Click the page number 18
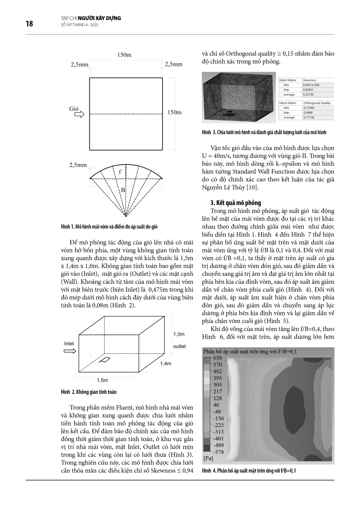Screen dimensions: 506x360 click(30, 24)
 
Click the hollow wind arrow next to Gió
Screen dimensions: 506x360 click(79, 114)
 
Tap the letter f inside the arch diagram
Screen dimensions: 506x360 click(120, 172)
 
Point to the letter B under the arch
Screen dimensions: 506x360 click(123, 190)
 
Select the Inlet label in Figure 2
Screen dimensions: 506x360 click(69, 344)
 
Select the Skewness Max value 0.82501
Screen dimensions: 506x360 click(311, 90)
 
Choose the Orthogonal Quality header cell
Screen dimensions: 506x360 click(316, 103)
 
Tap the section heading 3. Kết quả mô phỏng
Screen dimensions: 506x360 click(236, 203)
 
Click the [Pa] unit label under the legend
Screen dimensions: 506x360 click(208, 458)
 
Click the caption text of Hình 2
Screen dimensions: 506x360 click(89, 392)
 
